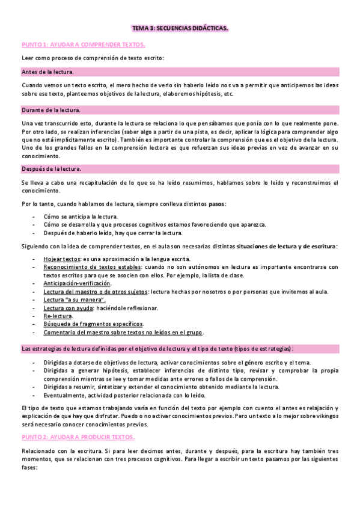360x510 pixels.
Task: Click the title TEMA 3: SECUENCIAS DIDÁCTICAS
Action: tap(180, 28)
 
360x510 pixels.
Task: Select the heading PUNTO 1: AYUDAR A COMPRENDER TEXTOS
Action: tap(83, 45)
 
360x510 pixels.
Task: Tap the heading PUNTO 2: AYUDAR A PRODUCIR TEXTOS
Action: tap(78, 437)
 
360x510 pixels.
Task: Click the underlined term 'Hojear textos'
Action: tap(62, 257)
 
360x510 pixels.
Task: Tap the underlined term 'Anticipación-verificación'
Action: tap(77, 283)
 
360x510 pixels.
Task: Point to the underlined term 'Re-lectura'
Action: tap(58, 316)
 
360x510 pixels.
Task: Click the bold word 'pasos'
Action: tap(216, 204)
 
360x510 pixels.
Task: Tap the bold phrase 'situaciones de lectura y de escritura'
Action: tap(286, 245)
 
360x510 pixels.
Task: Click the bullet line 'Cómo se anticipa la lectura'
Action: tap(81, 217)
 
